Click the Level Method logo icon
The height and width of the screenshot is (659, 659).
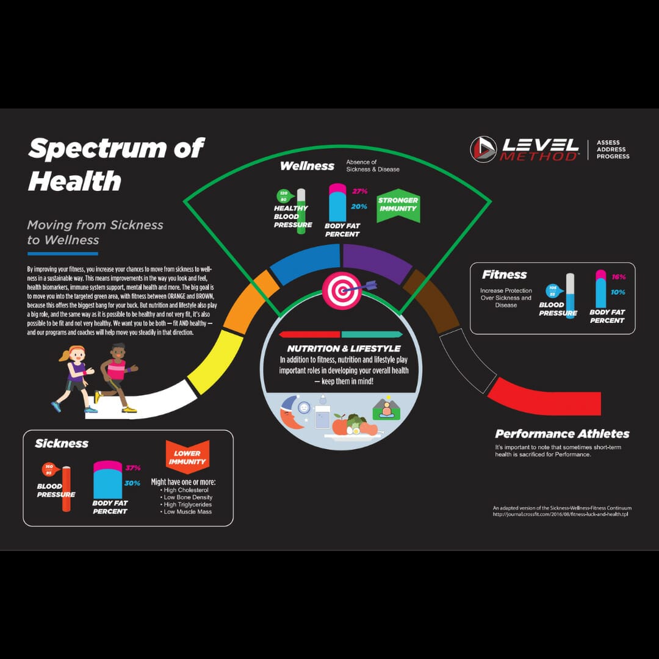(x=483, y=149)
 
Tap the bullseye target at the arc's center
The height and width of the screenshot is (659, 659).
(x=342, y=290)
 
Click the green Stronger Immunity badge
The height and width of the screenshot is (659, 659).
(x=398, y=204)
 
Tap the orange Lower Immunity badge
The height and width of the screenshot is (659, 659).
(x=187, y=458)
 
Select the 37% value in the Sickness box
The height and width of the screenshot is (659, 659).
(x=133, y=468)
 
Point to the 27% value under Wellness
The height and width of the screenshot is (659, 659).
(x=359, y=192)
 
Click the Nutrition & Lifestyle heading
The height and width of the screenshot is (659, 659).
(x=340, y=348)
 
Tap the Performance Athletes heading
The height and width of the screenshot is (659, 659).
(x=562, y=434)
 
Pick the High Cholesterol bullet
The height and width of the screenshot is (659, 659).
(x=185, y=490)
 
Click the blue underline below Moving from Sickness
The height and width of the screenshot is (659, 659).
(x=62, y=253)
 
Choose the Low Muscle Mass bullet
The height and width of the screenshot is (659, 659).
(x=187, y=512)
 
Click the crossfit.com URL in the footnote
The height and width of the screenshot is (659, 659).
(x=560, y=514)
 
